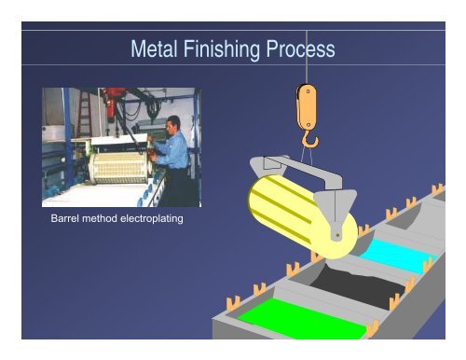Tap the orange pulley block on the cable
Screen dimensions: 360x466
[306, 105]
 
